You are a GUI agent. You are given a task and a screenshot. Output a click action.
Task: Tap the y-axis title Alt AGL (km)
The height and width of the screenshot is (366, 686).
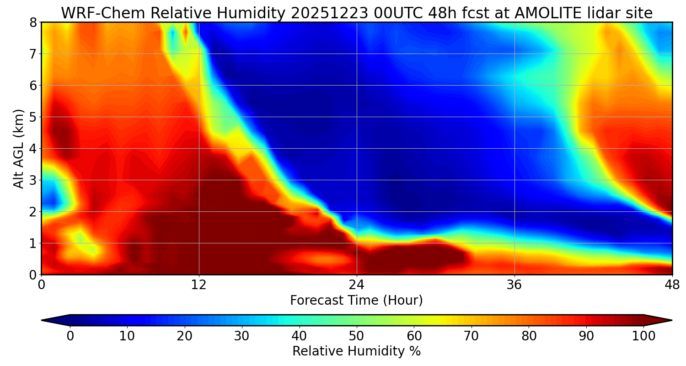[18, 149]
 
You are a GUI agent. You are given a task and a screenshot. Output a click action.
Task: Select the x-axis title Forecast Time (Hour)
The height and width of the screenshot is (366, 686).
[356, 301]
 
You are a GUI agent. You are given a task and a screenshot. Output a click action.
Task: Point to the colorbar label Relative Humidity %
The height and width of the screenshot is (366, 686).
[356, 351]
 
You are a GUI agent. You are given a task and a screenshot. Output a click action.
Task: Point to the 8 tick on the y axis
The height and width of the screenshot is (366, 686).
[32, 22]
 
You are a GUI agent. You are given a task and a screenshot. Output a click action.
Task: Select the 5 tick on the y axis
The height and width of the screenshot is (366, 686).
[32, 117]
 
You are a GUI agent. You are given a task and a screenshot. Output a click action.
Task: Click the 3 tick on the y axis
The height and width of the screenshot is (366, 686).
[32, 180]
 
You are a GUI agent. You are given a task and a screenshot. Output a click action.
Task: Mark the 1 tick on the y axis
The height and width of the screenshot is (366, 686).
[32, 243]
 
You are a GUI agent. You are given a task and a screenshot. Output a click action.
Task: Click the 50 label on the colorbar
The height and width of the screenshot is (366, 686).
[356, 336]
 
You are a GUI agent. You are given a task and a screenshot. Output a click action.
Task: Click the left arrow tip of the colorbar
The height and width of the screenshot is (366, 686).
[43, 320]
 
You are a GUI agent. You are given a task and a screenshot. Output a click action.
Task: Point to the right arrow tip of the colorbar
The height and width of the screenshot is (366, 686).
[671, 320]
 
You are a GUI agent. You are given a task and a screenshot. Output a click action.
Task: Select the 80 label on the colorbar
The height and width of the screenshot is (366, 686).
[529, 336]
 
